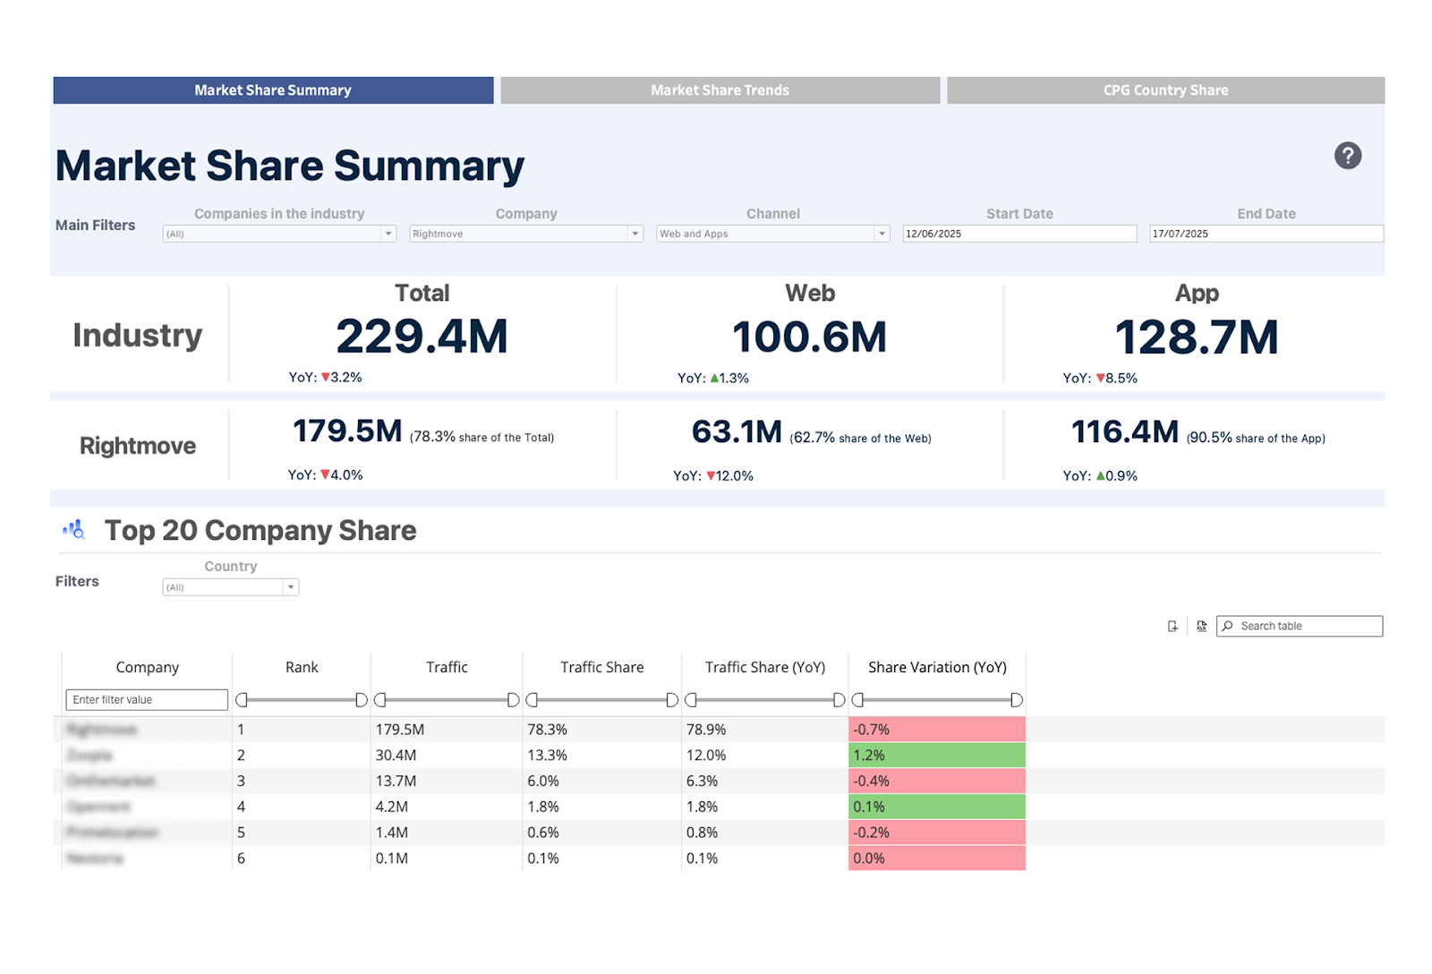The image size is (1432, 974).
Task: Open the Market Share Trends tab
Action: pos(720,90)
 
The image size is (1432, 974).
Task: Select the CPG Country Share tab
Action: pos(1165,90)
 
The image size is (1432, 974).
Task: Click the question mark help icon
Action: pos(1347,156)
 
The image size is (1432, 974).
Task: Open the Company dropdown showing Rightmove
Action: pos(526,234)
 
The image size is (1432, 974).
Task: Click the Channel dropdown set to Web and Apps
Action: pos(773,234)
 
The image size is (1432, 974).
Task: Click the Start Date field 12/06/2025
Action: pos(1019,234)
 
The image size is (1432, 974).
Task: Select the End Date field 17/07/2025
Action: pos(1266,234)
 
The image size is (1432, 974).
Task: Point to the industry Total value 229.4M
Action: pos(422,337)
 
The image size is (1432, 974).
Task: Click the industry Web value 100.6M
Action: pos(809,337)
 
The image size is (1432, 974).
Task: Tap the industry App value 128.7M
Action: pos(1196,337)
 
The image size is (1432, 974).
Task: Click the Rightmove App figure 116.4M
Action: pos(1125,432)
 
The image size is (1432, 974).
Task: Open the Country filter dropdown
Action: pos(230,587)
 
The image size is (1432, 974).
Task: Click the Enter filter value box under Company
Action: pos(147,700)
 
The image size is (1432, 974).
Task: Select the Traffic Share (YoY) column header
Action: pos(764,667)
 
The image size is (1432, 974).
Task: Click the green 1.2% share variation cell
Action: pos(936,756)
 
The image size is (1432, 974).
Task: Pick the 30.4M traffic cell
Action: pos(396,756)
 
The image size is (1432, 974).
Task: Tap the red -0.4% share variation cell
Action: pos(936,781)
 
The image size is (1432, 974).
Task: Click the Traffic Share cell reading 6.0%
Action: pos(543,781)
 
